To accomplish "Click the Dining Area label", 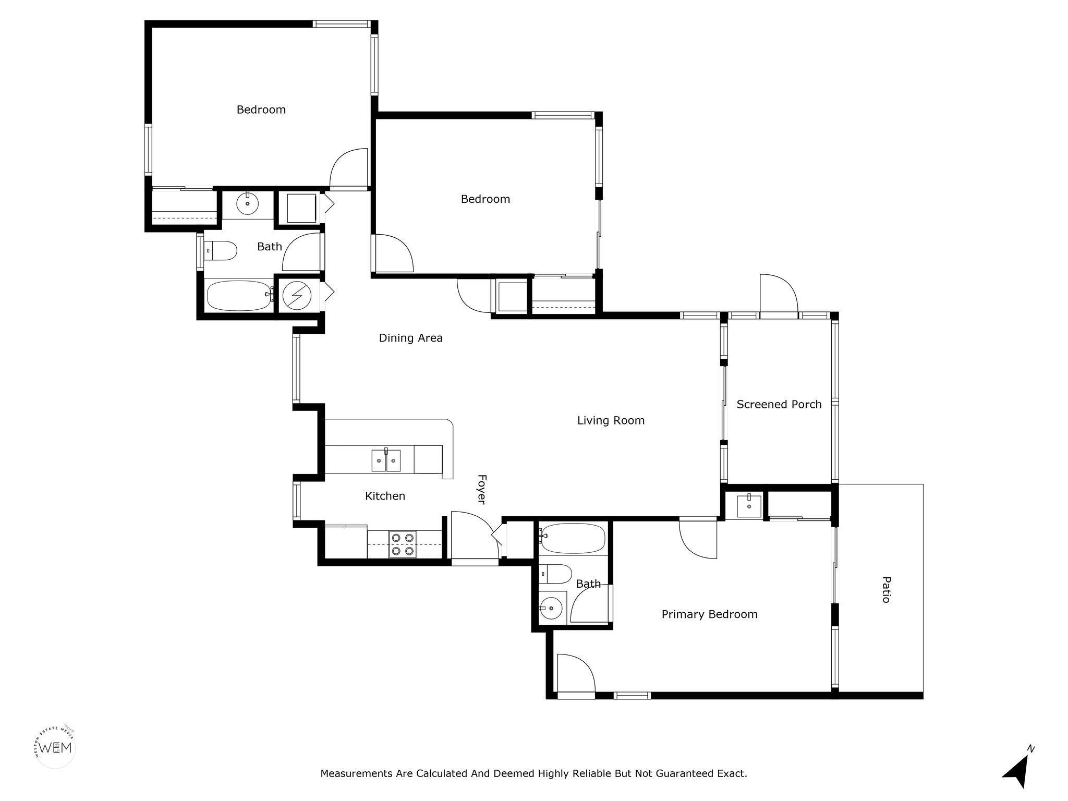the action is (410, 338).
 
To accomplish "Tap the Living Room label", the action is (611, 420).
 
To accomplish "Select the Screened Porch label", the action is (779, 404).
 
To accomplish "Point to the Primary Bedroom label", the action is (709, 614).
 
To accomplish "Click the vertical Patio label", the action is (885, 589).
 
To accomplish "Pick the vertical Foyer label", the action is (482, 489).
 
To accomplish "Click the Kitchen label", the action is (385, 496).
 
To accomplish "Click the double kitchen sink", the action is (386, 460).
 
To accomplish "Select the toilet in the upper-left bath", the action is (220, 251).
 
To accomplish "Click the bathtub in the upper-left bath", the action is (239, 296).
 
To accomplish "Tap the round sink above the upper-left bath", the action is (247, 203).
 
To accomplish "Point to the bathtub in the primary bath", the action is (573, 538).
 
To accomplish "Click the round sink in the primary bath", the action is (551, 608).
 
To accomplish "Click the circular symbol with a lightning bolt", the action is (297, 296).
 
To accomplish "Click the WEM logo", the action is (55, 747).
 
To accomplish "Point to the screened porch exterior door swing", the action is (779, 295).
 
